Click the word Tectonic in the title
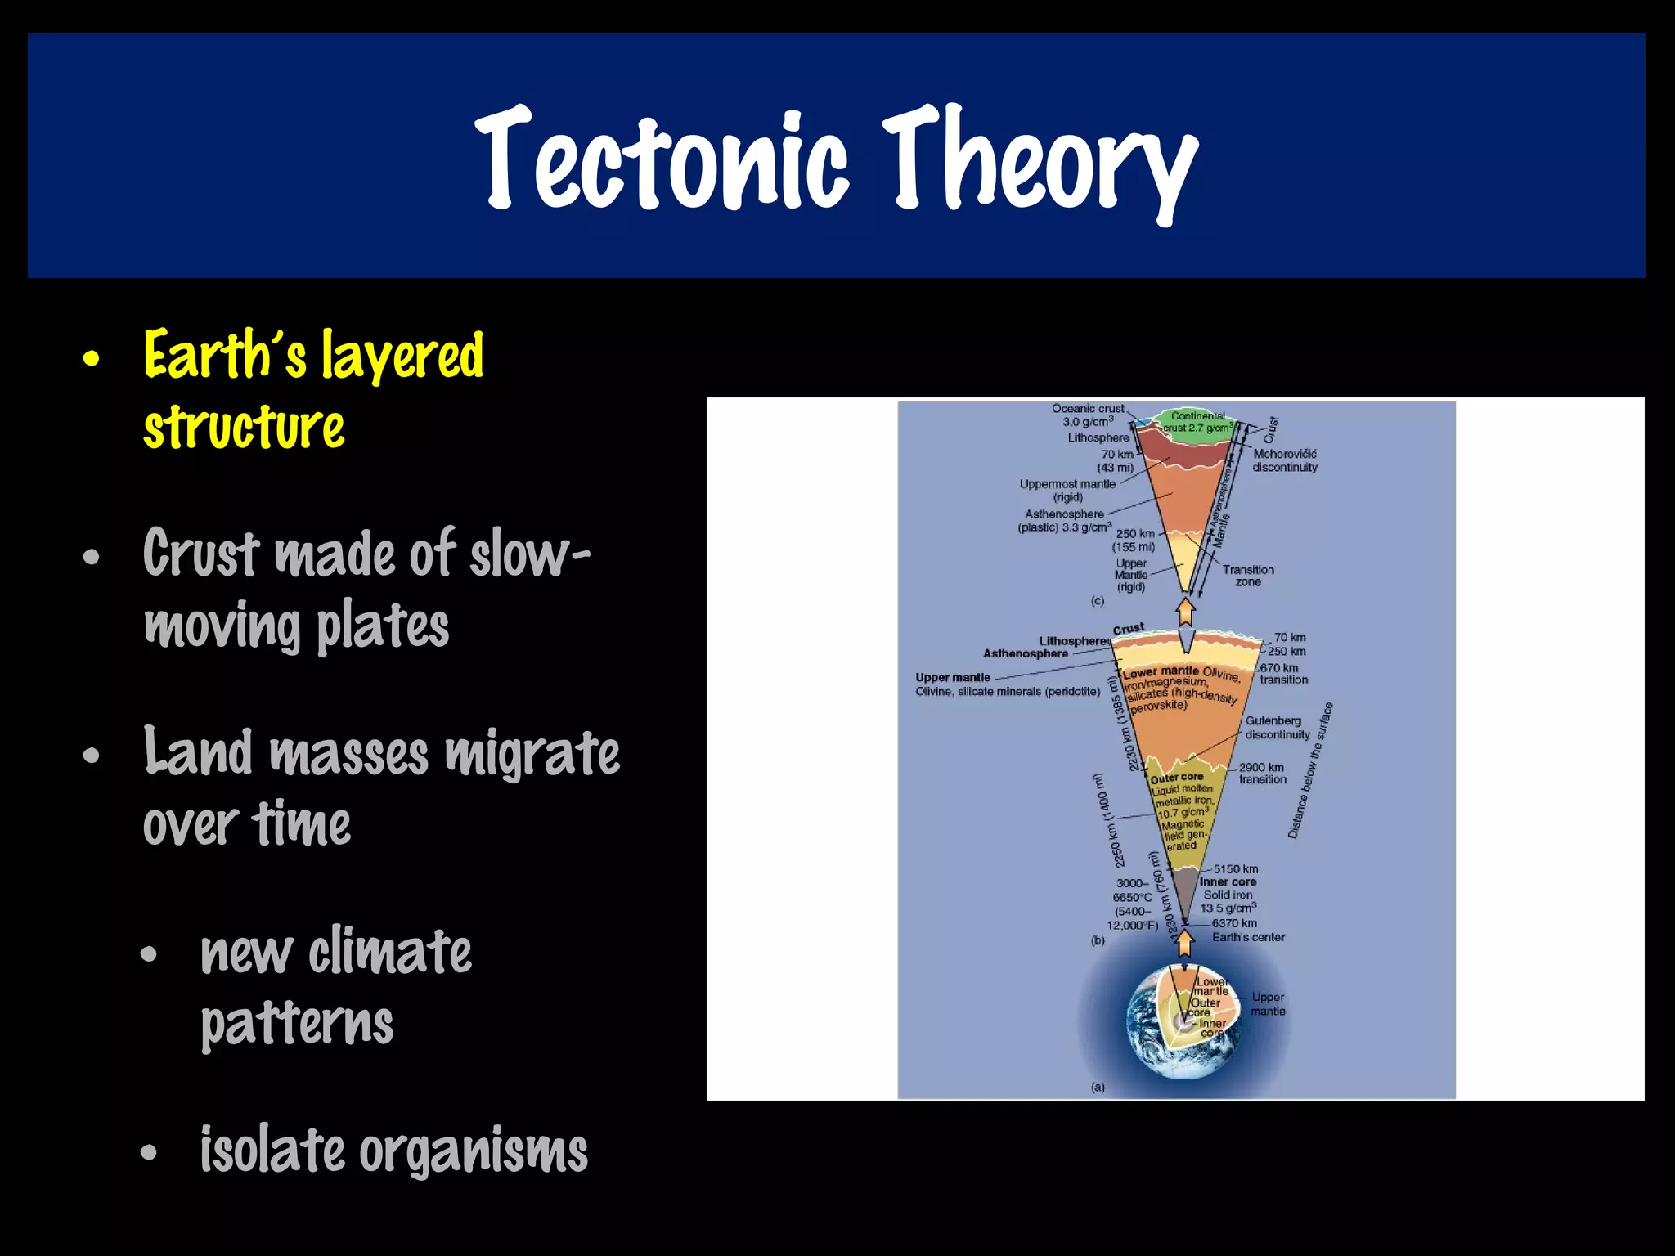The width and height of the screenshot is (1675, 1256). tap(661, 159)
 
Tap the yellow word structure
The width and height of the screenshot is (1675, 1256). tap(244, 428)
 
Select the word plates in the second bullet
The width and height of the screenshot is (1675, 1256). tap(382, 626)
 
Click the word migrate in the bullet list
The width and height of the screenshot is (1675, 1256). tap(532, 754)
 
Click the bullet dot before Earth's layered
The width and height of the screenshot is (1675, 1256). tap(92, 358)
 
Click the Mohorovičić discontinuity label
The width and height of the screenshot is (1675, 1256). tap(1284, 460)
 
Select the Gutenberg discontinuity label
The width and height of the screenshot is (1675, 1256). tap(1276, 728)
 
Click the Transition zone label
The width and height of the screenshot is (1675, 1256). tap(1248, 576)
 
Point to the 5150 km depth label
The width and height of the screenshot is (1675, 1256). tap(1235, 869)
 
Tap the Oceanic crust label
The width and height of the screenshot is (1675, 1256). tap(1088, 409)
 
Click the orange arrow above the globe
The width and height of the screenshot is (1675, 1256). tap(1184, 942)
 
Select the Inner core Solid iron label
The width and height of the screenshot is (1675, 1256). tap(1228, 889)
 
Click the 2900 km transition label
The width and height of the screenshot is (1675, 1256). tap(1262, 774)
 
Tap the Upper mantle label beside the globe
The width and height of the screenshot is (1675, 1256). tap(1268, 1004)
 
